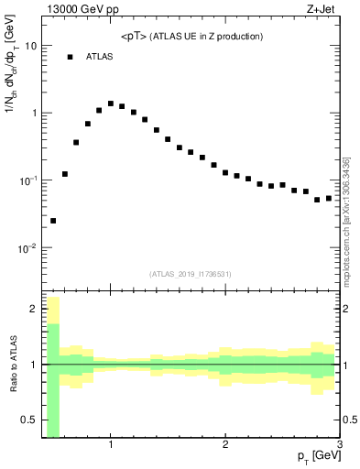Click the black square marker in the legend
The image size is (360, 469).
70,57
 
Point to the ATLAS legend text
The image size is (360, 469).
100,57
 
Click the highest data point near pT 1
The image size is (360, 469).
111,104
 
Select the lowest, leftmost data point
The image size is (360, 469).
53,221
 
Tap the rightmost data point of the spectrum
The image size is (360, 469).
329,198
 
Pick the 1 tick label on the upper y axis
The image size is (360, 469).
35,113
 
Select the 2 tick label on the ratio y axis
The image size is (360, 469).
35,310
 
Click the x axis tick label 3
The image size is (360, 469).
339,445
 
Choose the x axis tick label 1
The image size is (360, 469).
111,445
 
